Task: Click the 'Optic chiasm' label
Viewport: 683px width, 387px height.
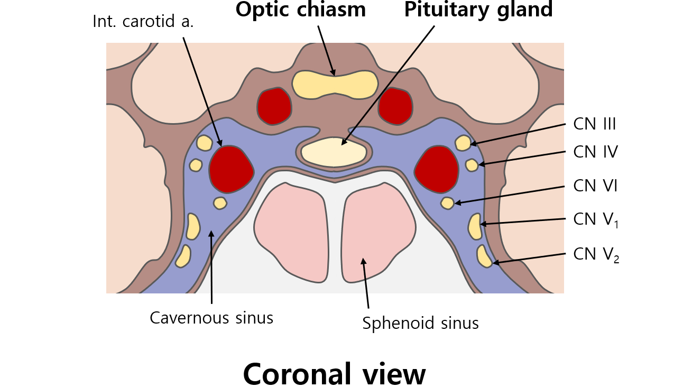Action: point(301,10)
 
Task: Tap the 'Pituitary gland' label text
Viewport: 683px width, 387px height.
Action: point(478,10)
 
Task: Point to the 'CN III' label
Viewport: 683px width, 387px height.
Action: point(595,124)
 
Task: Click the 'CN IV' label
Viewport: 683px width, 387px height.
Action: point(595,152)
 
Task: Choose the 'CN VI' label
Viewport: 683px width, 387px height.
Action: point(595,186)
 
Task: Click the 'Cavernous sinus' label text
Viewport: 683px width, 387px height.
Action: point(211,318)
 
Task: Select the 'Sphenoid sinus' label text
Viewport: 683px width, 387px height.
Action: point(420,322)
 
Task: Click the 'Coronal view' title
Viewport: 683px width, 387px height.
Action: point(334,374)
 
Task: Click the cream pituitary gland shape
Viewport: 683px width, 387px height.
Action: point(334,152)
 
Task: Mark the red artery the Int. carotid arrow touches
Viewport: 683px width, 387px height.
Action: point(231,169)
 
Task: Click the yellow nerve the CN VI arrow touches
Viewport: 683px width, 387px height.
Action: point(447,202)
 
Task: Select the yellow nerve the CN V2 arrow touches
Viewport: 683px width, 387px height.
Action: point(484,256)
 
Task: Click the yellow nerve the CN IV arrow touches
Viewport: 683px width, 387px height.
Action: point(472,165)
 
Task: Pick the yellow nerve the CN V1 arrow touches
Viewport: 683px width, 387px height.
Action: point(475,226)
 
